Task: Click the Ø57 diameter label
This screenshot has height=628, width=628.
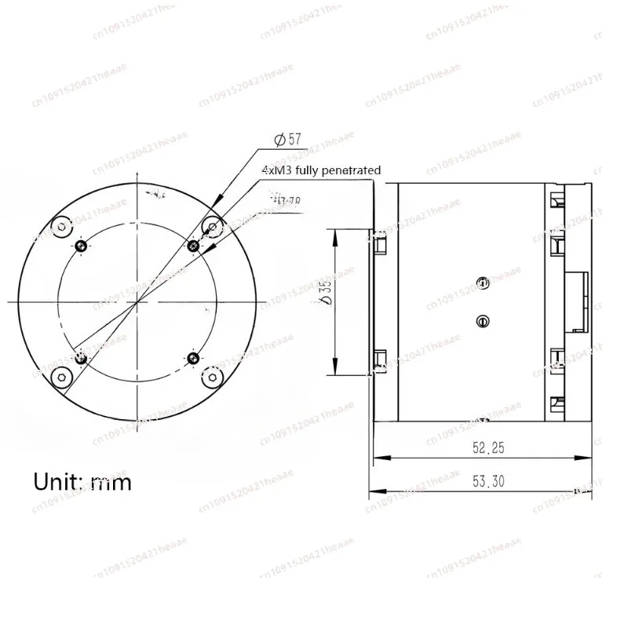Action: (x=287, y=139)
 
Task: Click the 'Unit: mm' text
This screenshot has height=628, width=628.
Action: (x=82, y=480)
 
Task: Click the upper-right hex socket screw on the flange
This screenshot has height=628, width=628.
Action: (x=212, y=227)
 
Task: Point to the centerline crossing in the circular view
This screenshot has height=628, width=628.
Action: (x=138, y=301)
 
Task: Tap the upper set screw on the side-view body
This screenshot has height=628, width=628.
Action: (x=483, y=281)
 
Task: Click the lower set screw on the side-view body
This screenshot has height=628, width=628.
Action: (x=483, y=319)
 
